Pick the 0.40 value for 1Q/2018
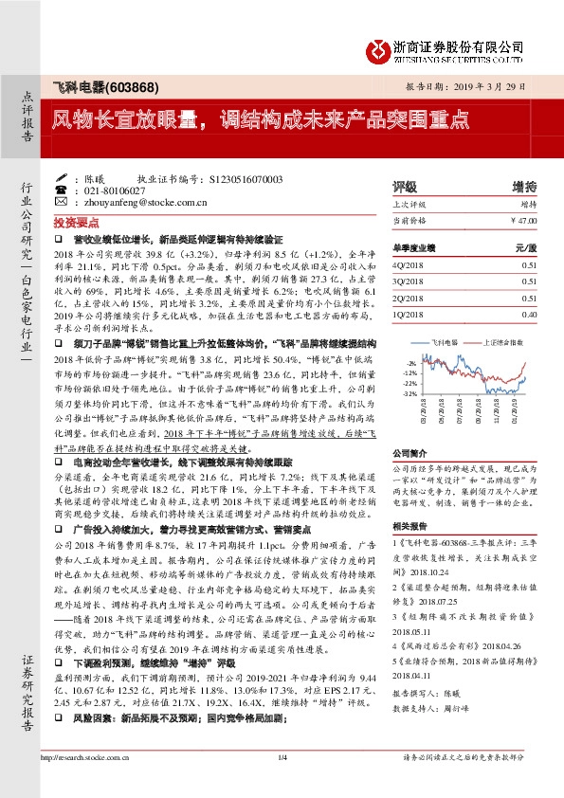click(528, 313)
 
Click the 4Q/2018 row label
click(409, 266)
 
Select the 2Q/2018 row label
click(409, 298)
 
